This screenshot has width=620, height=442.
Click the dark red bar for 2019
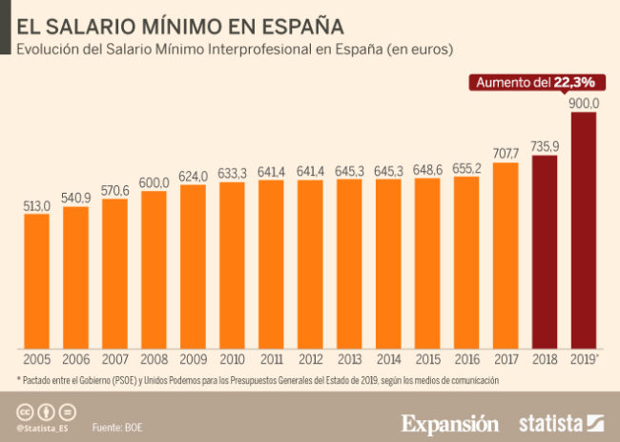(583, 230)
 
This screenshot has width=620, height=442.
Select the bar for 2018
(544, 252)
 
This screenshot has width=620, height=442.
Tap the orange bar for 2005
(36, 281)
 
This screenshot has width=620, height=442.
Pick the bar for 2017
(506, 255)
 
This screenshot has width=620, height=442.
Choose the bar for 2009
(193, 266)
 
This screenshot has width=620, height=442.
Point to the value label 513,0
(36, 204)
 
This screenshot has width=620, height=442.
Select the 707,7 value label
(506, 153)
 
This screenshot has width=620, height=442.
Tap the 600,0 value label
(154, 182)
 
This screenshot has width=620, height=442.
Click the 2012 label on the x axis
(310, 360)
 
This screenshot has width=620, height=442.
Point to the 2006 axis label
(75, 360)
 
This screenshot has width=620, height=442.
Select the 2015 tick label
(427, 360)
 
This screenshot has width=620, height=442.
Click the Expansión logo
(449, 422)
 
